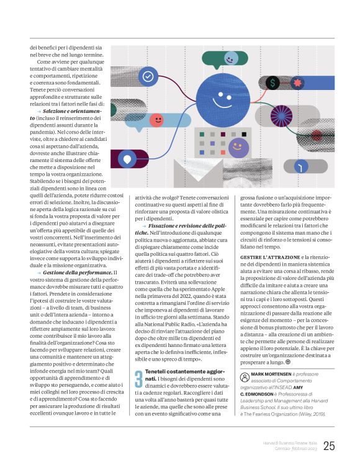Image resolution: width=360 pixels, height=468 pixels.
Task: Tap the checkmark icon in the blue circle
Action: point(148,77)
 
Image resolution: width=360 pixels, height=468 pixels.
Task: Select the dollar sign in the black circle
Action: point(272,83)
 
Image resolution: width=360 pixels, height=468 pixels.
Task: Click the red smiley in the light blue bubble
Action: point(157,119)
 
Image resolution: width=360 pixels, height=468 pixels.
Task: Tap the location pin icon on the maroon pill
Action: point(127,159)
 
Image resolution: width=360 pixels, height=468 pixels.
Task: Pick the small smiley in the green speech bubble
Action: point(230,59)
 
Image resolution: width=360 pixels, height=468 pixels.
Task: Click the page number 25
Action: point(329,446)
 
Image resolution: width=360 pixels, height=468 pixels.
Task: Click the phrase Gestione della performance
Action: point(77,272)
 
